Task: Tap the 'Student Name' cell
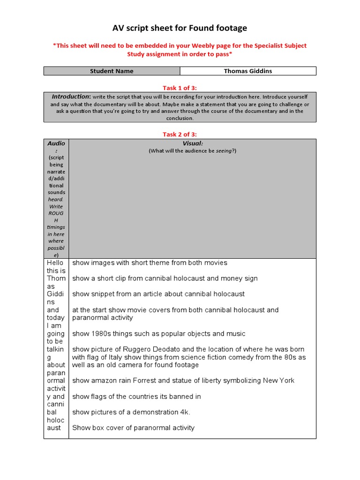tap(112, 71)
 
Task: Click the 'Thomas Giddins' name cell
tap(248, 71)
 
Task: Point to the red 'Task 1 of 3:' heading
tap(180, 87)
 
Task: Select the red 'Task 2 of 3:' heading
tap(180, 135)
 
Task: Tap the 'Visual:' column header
tap(192, 143)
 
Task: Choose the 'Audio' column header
tap(56, 143)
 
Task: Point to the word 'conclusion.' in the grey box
tap(180, 119)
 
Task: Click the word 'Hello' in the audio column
tap(54, 263)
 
